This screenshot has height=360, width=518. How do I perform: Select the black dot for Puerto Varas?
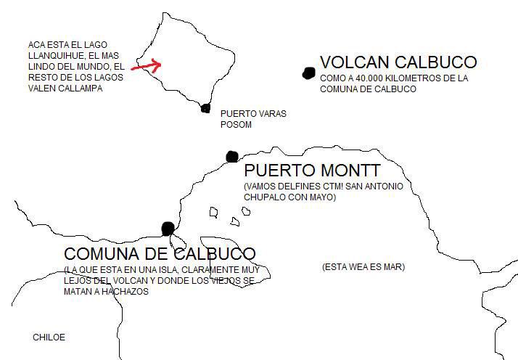(205, 108)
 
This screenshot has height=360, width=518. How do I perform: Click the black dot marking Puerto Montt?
(232, 156)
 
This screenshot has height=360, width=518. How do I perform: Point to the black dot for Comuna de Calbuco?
(168, 228)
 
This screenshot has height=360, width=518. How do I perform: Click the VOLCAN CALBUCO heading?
(398, 62)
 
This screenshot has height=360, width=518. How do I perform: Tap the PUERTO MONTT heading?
(312, 171)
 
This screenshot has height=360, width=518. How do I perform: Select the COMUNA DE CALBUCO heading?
(160, 254)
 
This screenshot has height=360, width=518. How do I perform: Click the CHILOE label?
(49, 337)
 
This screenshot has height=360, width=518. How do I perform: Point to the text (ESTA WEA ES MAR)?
(363, 267)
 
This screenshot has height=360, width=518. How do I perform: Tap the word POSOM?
(236, 124)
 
